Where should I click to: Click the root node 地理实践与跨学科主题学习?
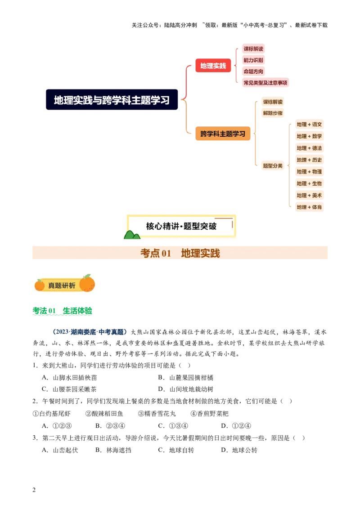(112, 100)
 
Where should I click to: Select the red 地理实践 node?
(213, 66)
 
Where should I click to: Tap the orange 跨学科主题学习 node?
(223, 134)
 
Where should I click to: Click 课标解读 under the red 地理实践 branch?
(253, 49)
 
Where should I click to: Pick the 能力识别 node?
(253, 60)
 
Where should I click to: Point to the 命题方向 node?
(253, 71)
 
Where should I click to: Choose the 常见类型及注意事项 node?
(265, 83)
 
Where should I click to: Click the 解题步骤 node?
(273, 113)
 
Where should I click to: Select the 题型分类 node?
(273, 165)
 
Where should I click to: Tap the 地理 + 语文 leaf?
(309, 125)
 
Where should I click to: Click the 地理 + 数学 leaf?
(309, 136)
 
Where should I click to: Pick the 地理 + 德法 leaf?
(309, 148)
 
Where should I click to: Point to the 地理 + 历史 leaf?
(309, 160)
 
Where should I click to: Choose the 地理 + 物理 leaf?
(309, 171)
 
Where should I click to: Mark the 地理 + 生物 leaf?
(309, 183)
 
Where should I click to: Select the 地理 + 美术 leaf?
(309, 195)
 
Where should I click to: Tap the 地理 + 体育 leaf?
(309, 207)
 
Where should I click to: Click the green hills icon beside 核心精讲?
(132, 234)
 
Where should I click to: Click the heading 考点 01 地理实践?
(180, 254)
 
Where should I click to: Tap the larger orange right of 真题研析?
(87, 284)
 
